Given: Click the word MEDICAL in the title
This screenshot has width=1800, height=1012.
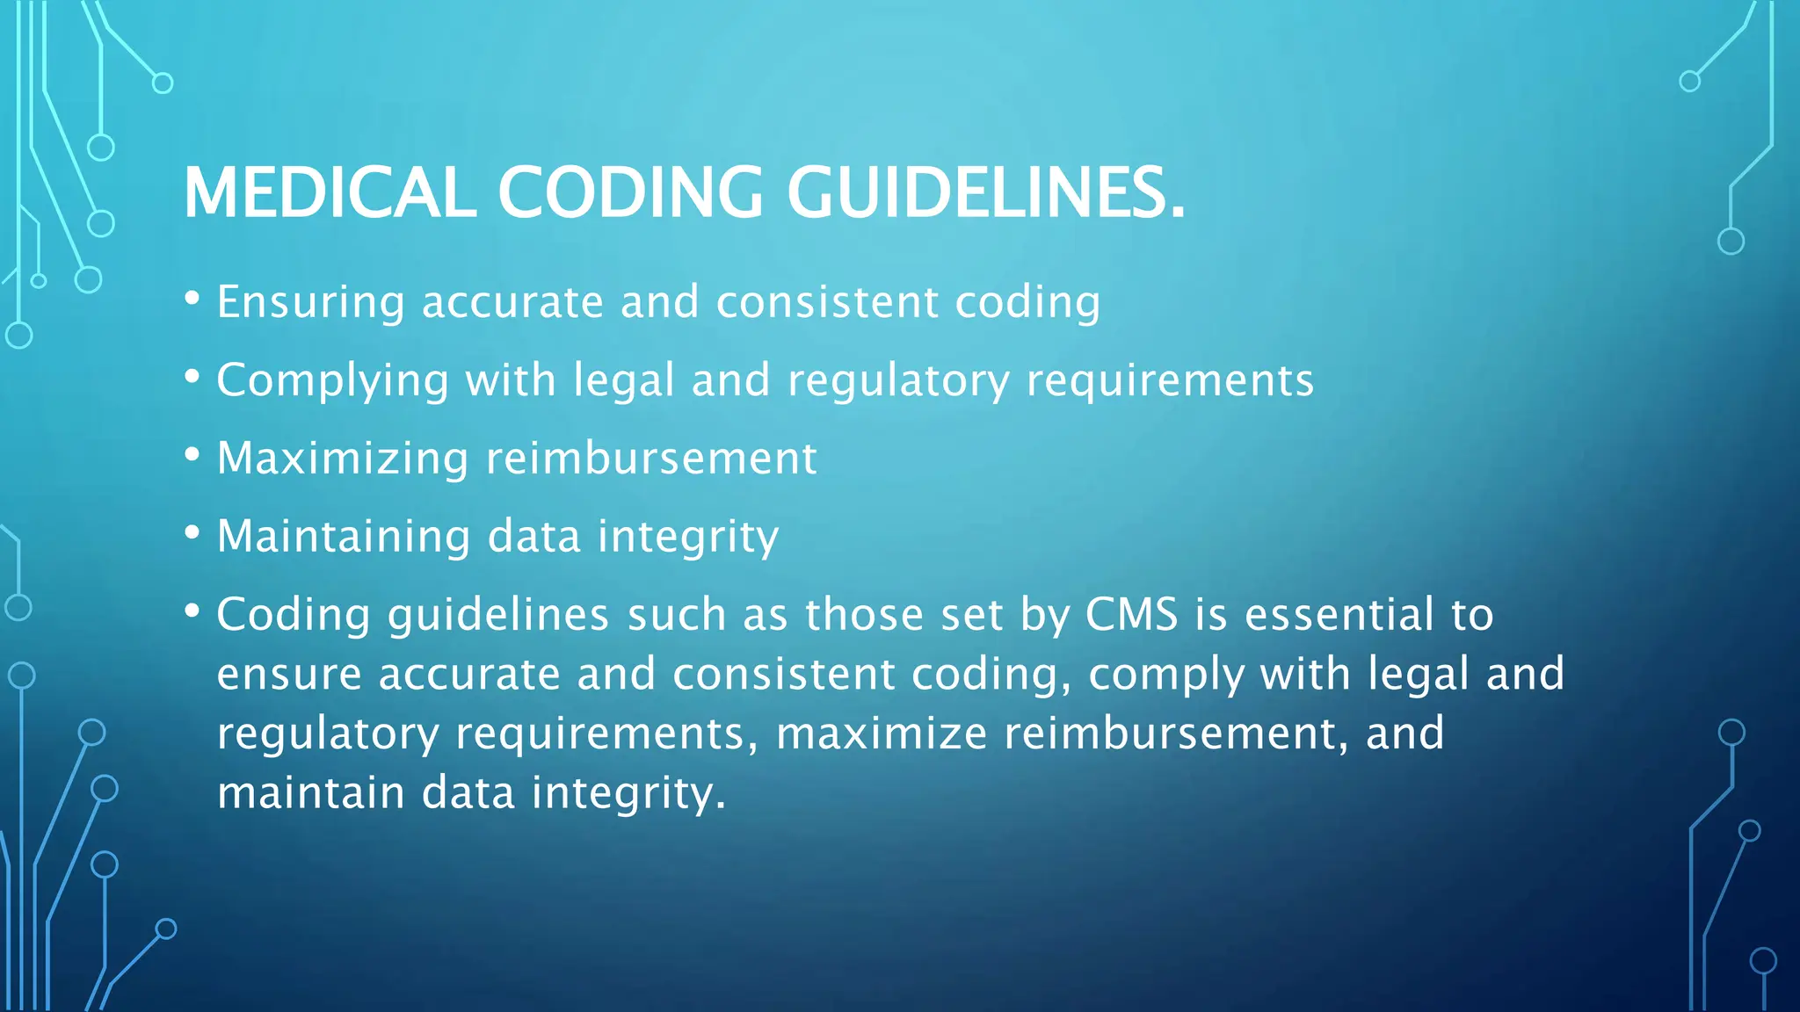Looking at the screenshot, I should point(330,192).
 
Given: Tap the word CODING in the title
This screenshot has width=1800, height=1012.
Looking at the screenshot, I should point(630,192).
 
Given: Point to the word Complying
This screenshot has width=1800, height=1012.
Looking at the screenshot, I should point(333,381).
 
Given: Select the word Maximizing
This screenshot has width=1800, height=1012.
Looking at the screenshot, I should point(343,459).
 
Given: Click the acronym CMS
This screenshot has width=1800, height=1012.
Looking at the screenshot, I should point(1131,614).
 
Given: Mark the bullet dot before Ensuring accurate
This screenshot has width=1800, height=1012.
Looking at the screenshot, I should point(192,299).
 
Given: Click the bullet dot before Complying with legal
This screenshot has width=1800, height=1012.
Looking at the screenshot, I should point(192,377).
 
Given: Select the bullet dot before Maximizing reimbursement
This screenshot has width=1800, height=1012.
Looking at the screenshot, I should point(192,454).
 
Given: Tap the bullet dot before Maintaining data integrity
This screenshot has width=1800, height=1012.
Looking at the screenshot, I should point(192,532).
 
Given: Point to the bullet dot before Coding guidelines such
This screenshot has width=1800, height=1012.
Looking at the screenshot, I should point(192,610).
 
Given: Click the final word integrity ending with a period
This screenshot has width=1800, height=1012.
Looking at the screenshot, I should point(628,793).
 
